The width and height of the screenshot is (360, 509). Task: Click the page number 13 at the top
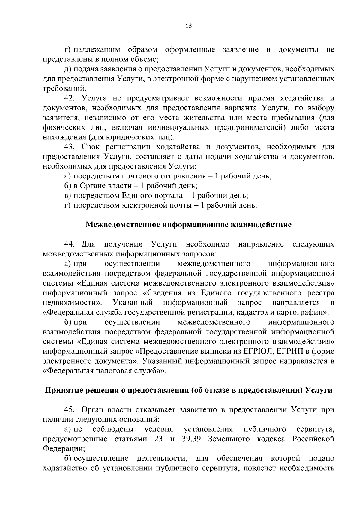(x=189, y=26)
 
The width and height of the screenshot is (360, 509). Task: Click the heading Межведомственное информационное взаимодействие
(x=189, y=225)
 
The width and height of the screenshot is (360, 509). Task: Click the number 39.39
(x=192, y=439)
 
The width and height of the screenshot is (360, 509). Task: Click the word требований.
(x=65, y=88)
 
